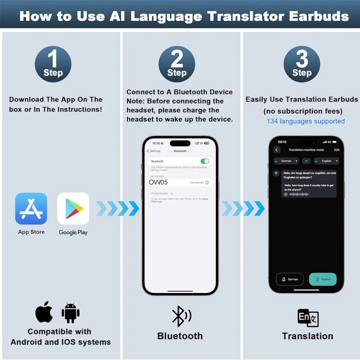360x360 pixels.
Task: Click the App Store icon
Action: (31, 208)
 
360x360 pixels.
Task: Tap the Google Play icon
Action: (73, 208)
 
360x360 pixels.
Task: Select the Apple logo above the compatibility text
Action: (44, 312)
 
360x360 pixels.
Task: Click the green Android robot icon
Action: (70, 313)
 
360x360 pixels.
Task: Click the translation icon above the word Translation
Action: (308, 318)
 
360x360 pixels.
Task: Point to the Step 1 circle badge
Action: (53, 64)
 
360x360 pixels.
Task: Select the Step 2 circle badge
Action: (177, 64)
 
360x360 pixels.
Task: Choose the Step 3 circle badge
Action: (302, 64)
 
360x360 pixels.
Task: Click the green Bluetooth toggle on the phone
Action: (205, 161)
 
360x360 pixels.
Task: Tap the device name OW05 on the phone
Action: (158, 182)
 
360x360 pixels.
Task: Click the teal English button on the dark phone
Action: (323, 279)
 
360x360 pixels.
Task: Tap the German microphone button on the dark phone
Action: (289, 279)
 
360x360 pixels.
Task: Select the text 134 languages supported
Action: (306, 121)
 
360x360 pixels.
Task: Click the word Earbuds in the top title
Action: (313, 16)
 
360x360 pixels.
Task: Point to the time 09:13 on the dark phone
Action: (282, 142)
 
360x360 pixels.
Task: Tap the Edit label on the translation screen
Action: (337, 150)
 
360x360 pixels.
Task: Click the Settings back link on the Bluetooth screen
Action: (154, 151)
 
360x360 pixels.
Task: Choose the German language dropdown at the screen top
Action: (286, 161)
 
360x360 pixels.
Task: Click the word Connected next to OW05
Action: (197, 183)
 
